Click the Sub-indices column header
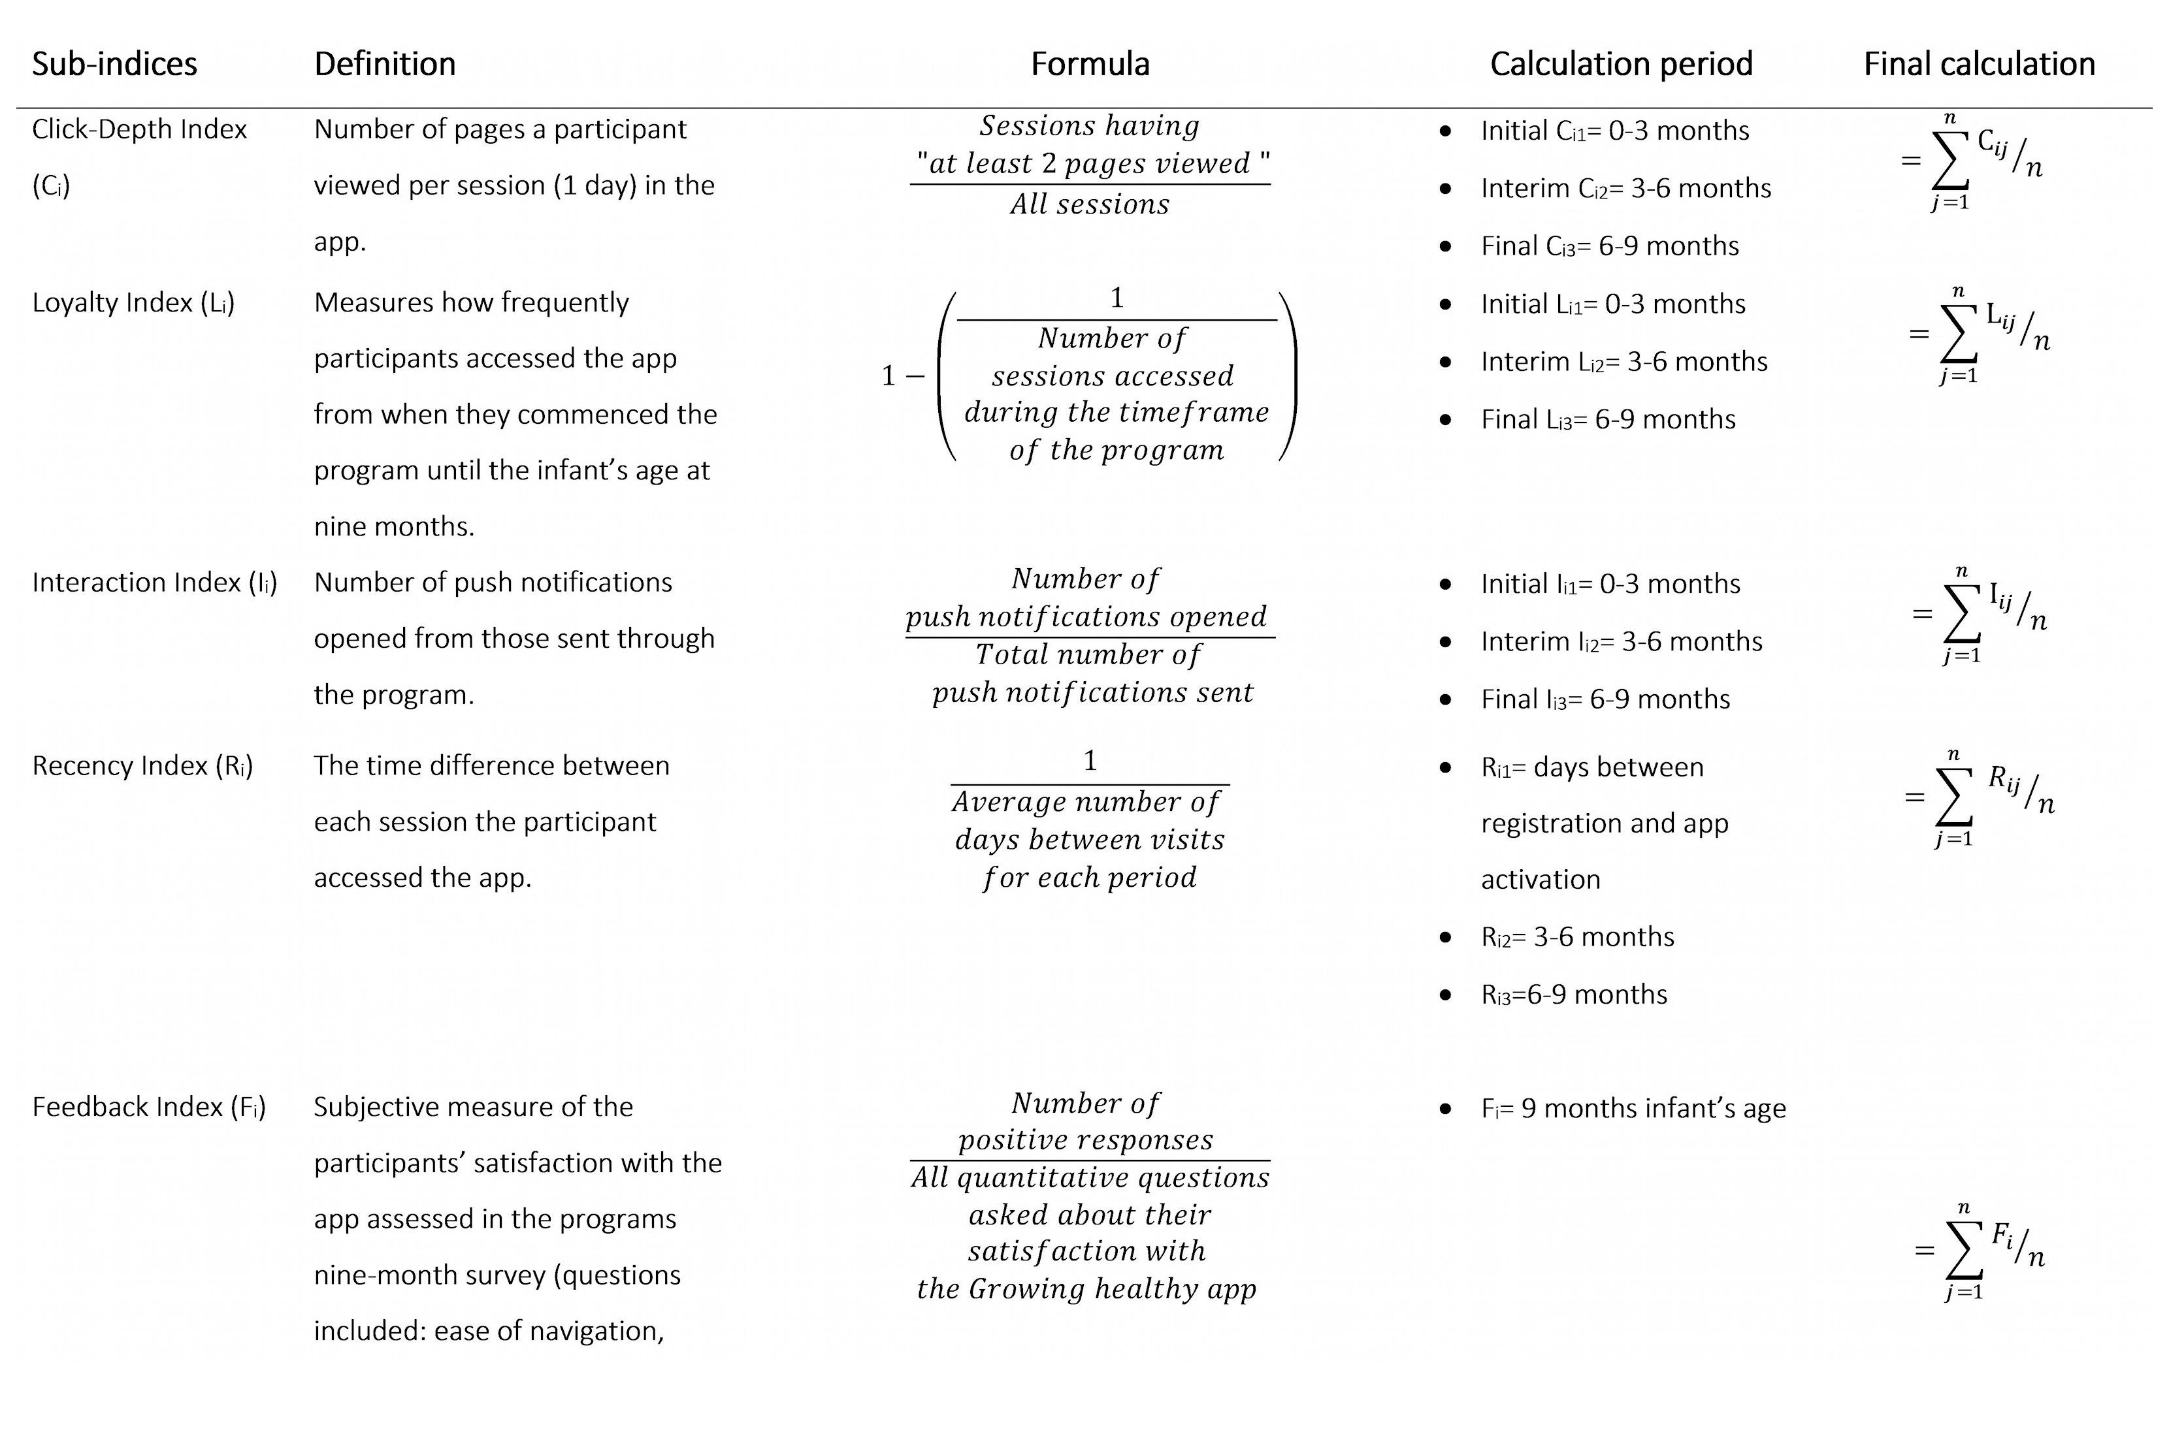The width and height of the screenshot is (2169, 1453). [114, 64]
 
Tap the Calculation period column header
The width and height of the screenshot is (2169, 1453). [1620, 64]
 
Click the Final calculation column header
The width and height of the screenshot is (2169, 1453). [1979, 64]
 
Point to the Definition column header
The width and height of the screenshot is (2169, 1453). [385, 64]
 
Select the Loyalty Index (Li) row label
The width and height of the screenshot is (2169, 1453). [133, 303]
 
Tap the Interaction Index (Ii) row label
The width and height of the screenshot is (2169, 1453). [154, 583]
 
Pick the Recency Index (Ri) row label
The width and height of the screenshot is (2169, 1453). [142, 767]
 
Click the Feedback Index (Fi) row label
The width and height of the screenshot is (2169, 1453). [148, 1108]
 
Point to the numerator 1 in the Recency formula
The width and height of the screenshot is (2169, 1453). [1090, 761]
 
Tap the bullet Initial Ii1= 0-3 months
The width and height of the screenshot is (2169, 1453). [1610, 584]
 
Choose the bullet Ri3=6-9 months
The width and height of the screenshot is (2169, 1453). [1574, 995]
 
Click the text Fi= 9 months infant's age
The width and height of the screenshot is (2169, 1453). [1633, 1108]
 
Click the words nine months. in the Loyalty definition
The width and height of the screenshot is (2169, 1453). [394, 526]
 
